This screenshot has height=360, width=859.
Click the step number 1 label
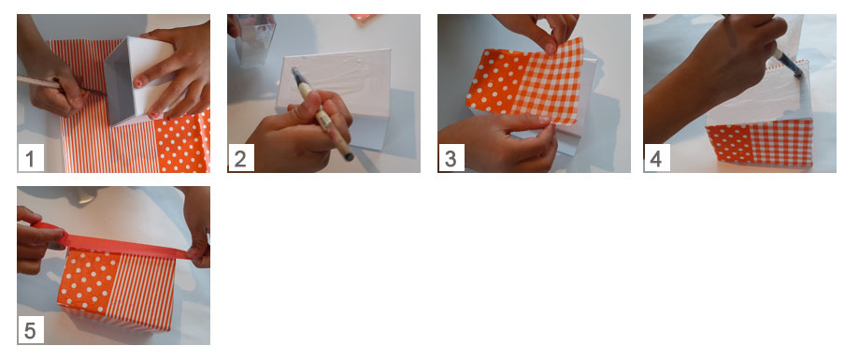point(30,158)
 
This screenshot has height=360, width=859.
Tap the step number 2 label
point(240,158)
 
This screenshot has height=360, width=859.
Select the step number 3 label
point(451,158)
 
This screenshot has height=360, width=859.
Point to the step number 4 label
point(656,158)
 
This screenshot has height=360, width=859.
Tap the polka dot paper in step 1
point(182,142)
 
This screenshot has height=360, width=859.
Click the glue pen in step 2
point(323,114)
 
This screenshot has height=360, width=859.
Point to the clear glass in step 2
point(253,39)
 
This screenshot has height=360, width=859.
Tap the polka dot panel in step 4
point(729,144)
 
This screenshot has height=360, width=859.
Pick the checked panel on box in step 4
point(782,142)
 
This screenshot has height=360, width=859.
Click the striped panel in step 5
point(142,294)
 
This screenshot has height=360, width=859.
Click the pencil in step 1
point(60,86)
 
